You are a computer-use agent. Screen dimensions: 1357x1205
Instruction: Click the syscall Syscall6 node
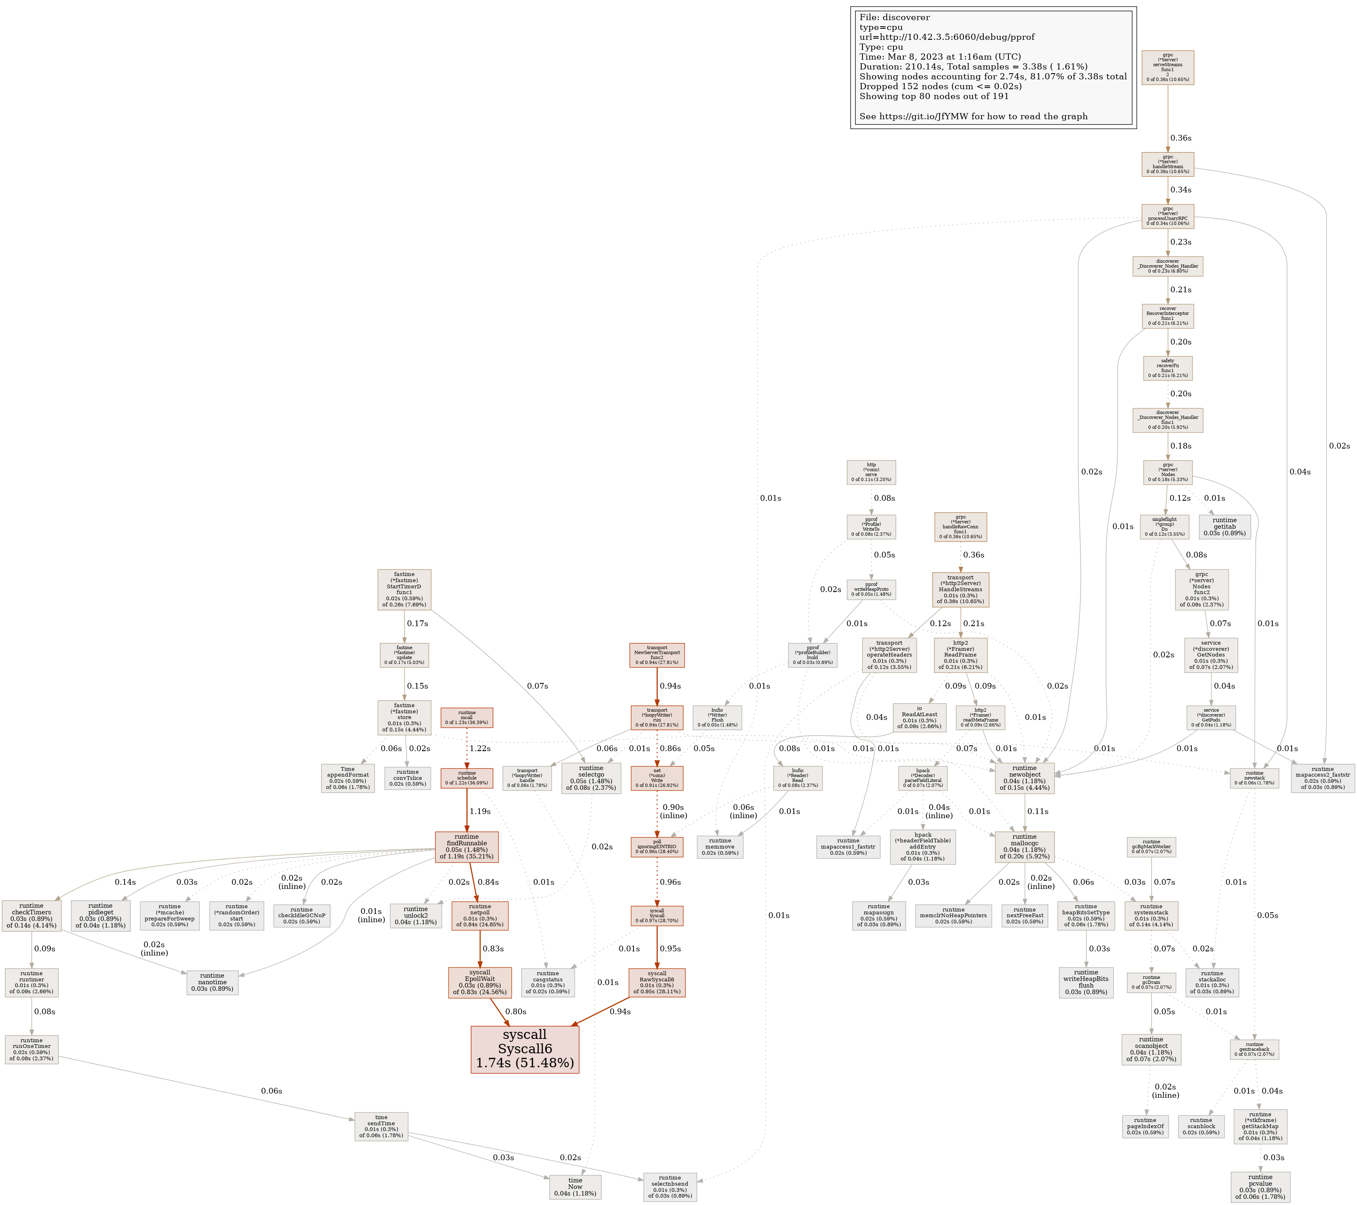coord(525,1049)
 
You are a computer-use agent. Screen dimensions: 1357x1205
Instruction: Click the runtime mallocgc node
coord(1024,847)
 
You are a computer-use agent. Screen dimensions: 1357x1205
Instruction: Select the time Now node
coord(575,1187)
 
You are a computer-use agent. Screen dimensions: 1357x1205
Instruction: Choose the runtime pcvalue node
coord(1260,1186)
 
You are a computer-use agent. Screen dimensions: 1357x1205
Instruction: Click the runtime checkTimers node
coord(31,916)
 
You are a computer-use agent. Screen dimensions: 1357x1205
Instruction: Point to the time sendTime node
coord(381,1126)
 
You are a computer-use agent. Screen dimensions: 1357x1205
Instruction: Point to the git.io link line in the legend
coord(973,116)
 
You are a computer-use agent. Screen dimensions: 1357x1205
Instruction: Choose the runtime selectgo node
coord(591,778)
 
